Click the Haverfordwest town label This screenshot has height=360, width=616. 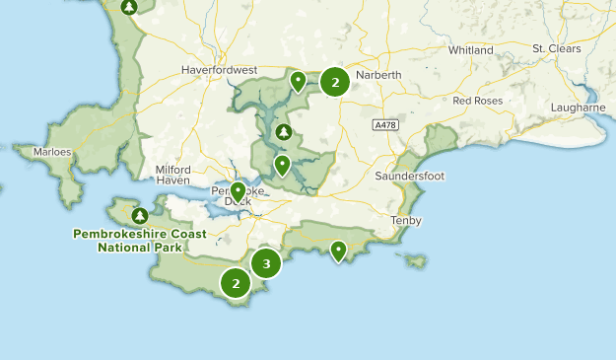pyautogui.click(x=219, y=70)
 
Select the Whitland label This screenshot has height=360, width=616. pyautogui.click(x=469, y=49)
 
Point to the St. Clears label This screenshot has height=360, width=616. pyautogui.click(x=557, y=48)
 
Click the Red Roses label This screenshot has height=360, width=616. pyautogui.click(x=478, y=101)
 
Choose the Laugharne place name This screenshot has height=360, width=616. pyautogui.click(x=578, y=108)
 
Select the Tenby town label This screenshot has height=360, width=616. pyautogui.click(x=405, y=220)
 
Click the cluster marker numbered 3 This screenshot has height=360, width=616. pyautogui.click(x=266, y=263)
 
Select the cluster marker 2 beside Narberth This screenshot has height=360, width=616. pyautogui.click(x=335, y=82)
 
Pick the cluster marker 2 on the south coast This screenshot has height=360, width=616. pyautogui.click(x=236, y=283)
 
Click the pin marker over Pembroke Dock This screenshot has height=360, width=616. pyautogui.click(x=238, y=189)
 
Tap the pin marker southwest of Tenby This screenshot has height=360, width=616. pyautogui.click(x=339, y=251)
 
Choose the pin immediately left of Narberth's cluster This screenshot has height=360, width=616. pyautogui.click(x=298, y=80)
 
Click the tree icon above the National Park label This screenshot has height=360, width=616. pyautogui.click(x=139, y=214)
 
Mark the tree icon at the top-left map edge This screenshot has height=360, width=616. pyautogui.click(x=129, y=7)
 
